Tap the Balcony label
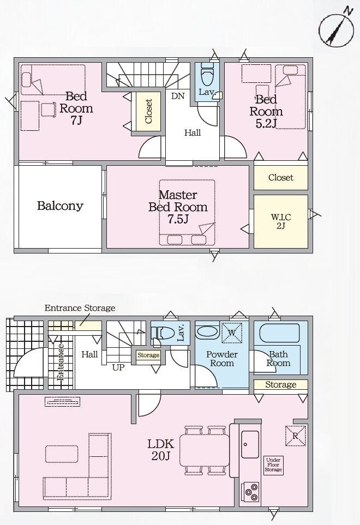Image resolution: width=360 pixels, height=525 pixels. click(x=60, y=206)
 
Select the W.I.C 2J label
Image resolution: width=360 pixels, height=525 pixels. click(x=280, y=221)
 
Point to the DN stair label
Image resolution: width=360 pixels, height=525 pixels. click(x=178, y=96)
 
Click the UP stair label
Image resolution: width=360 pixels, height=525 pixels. click(x=118, y=367)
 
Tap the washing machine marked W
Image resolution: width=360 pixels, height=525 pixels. click(x=232, y=333)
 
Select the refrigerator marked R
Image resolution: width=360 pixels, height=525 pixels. click(x=296, y=436)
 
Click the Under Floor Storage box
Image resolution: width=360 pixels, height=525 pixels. click(x=273, y=464)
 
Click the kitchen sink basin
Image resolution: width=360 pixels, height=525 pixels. click(x=250, y=444)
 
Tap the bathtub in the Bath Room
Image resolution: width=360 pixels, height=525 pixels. click(x=279, y=333)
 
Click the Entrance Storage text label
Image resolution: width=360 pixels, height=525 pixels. click(x=80, y=307)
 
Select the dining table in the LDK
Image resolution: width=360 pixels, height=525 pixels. click(x=205, y=450)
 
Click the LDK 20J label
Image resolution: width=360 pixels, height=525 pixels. click(x=161, y=450)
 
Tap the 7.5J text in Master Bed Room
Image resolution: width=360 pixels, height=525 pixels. click(x=178, y=219)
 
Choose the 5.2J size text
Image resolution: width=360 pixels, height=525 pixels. click(x=266, y=124)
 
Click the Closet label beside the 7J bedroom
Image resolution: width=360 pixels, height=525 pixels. click(x=148, y=111)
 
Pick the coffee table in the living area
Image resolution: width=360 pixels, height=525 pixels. click(x=62, y=454)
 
